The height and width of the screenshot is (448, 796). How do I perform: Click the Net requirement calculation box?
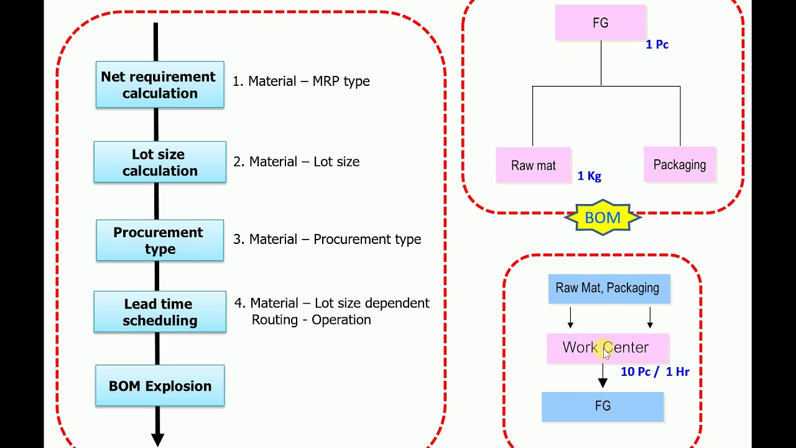coord(160,85)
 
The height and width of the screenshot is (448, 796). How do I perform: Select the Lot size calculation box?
coord(160,162)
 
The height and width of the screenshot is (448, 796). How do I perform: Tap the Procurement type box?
coord(160,240)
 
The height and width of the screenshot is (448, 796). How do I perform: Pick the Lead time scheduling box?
coord(160,312)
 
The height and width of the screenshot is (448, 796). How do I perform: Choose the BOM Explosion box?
coord(160,386)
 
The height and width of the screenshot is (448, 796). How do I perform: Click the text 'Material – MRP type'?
coord(308,82)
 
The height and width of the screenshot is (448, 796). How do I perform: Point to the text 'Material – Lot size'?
coord(304,162)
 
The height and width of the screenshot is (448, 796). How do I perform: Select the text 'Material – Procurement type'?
coord(335,240)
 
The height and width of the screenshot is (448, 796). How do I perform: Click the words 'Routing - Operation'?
coord(311,320)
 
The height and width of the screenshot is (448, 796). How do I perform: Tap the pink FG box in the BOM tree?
coord(601,23)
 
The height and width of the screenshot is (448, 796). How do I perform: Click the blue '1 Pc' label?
coord(657,45)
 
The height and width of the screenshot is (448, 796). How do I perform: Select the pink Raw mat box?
coord(533,166)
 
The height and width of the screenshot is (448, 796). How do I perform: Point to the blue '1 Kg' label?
coord(589,176)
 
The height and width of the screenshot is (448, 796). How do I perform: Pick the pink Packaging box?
coord(679,165)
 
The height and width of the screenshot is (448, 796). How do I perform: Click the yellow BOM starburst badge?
coord(602,218)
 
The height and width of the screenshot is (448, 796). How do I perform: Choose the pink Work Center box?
coord(607,348)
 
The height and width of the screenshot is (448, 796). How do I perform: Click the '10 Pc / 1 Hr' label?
coord(654,372)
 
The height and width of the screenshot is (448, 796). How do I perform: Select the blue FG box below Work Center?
coord(603,406)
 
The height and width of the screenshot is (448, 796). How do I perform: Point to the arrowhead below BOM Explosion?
coord(158,438)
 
